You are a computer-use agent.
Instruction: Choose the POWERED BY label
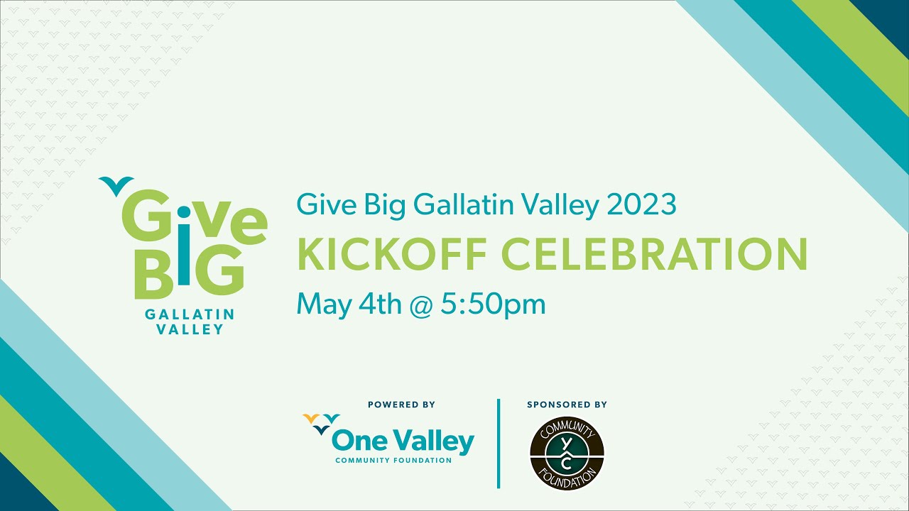pos(401,405)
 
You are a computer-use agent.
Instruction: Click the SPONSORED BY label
pos(567,405)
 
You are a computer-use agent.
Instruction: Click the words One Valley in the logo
pos(403,441)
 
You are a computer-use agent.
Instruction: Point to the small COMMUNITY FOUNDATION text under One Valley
pos(393,460)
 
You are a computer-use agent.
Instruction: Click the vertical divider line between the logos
pos(499,444)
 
